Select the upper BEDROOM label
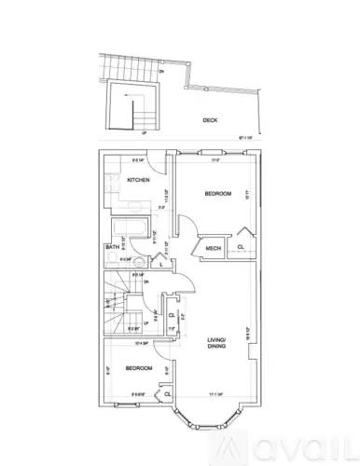(x=217, y=194)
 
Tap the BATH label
(x=111, y=247)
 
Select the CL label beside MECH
(x=241, y=247)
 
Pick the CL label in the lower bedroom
(x=167, y=394)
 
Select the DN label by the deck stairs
(x=161, y=71)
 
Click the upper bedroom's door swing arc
(x=187, y=227)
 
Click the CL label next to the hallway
(x=173, y=314)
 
